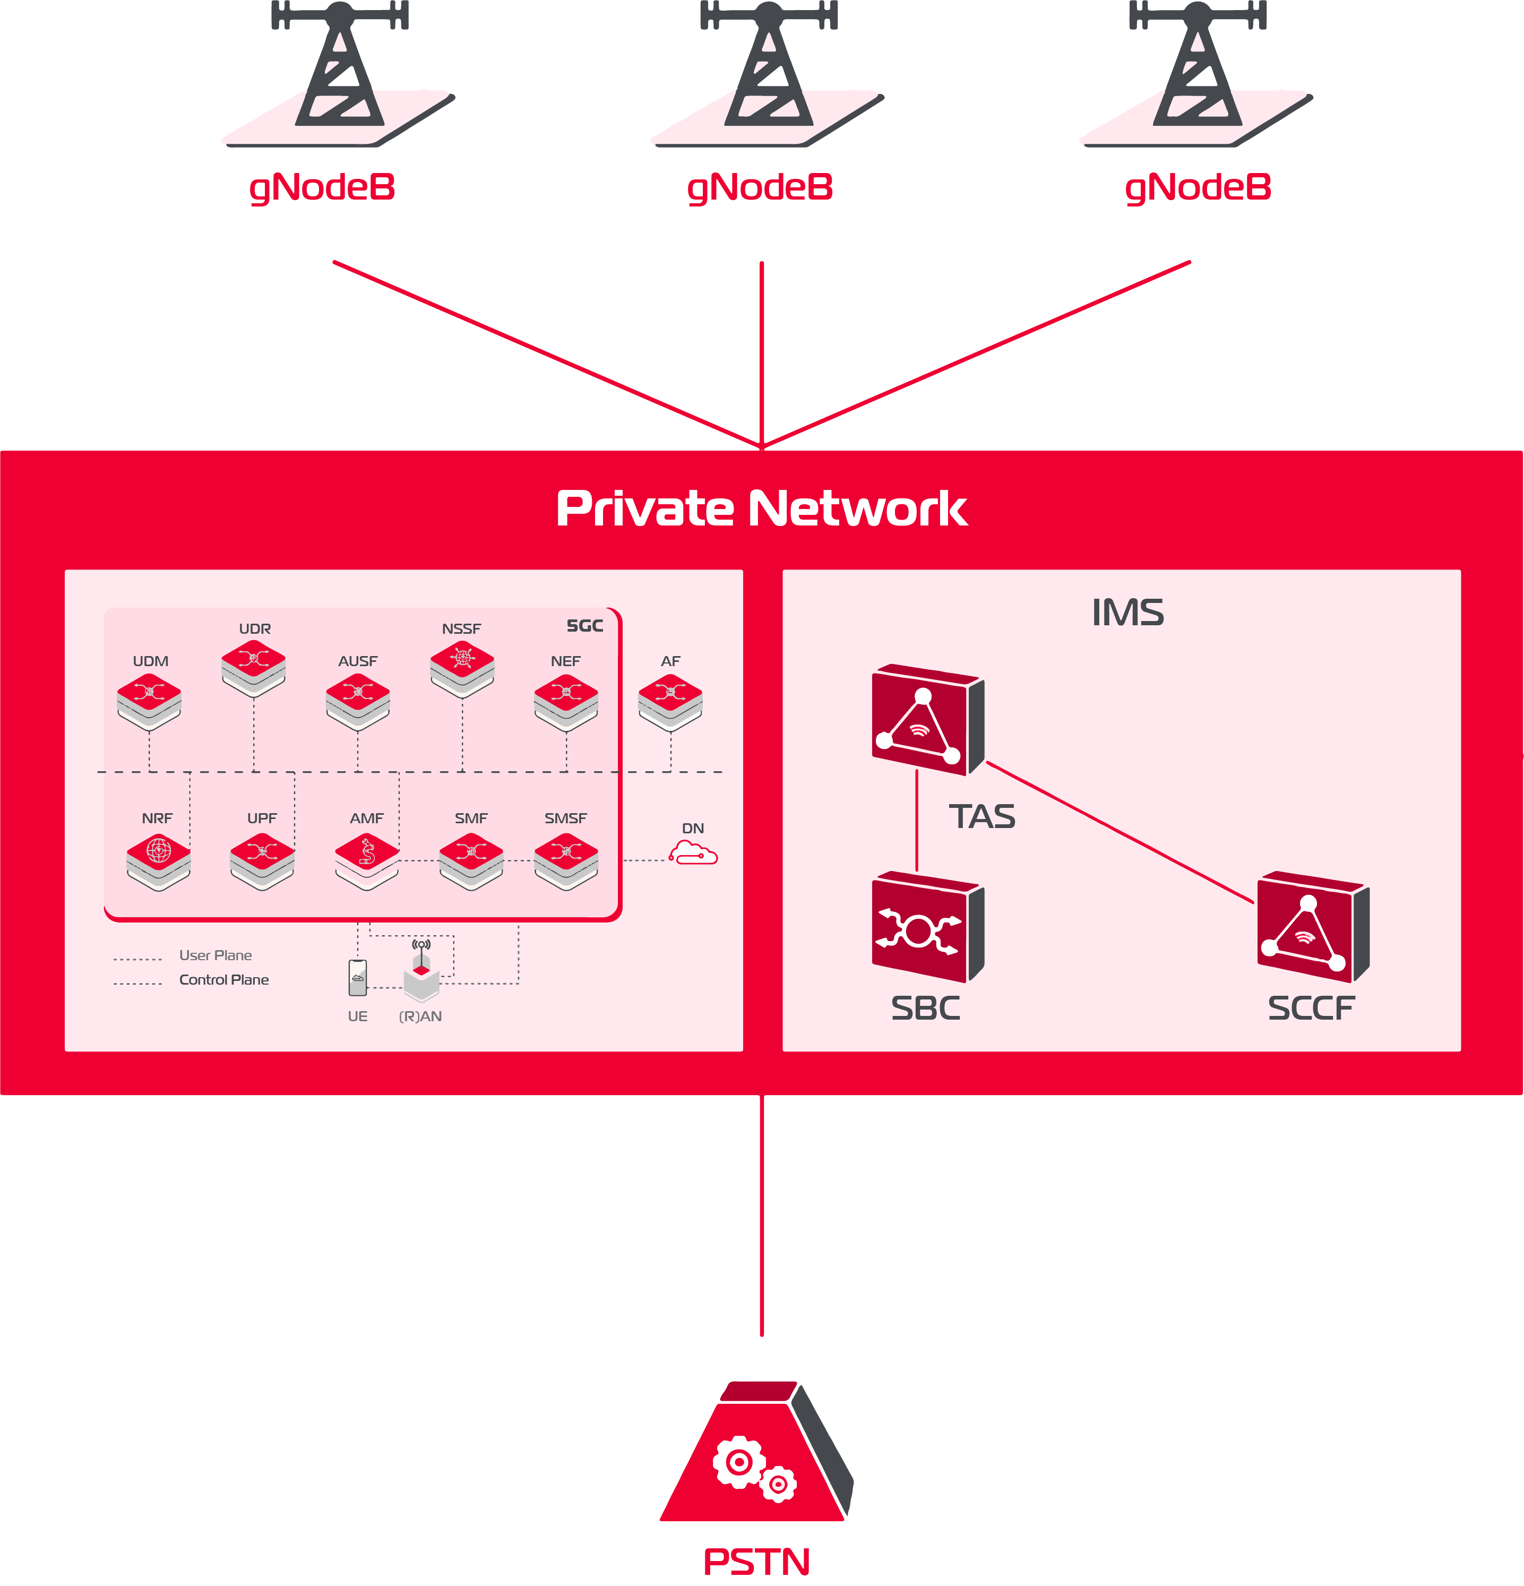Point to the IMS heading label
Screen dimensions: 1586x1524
click(1127, 613)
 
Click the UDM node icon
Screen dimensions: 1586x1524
click(149, 701)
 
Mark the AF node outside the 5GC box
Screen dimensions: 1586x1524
click(670, 701)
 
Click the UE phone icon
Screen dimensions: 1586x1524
click(358, 978)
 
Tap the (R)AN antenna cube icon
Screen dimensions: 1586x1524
click(421, 975)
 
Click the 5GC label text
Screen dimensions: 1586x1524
click(584, 625)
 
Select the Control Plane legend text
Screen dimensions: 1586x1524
click(223, 980)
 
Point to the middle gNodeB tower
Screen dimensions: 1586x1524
click(768, 73)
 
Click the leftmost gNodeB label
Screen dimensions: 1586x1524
click(322, 188)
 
